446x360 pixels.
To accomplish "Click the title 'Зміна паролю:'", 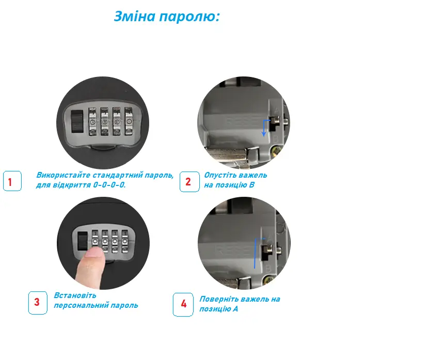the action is (167, 17).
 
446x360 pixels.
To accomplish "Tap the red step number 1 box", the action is (12, 181).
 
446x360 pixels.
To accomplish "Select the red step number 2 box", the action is (189, 182).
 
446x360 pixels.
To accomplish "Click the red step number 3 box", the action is (38, 303).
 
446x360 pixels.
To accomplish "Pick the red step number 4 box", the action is (183, 304).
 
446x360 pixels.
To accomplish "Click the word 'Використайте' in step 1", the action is (63, 175).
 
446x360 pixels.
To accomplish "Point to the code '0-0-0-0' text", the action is (109, 185).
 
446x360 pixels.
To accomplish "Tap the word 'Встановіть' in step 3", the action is (75, 295).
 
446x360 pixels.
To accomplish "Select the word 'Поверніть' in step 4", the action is (219, 300).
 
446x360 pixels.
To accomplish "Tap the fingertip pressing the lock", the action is (94, 253).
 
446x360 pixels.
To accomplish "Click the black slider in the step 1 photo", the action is (77, 121).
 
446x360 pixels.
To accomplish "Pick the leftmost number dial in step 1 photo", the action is (93, 121).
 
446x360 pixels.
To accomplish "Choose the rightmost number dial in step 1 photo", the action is (129, 121).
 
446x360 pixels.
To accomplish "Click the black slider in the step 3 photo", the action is (83, 241).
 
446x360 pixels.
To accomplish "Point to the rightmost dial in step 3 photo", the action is (124, 242).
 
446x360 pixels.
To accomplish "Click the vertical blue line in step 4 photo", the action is (254, 253).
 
